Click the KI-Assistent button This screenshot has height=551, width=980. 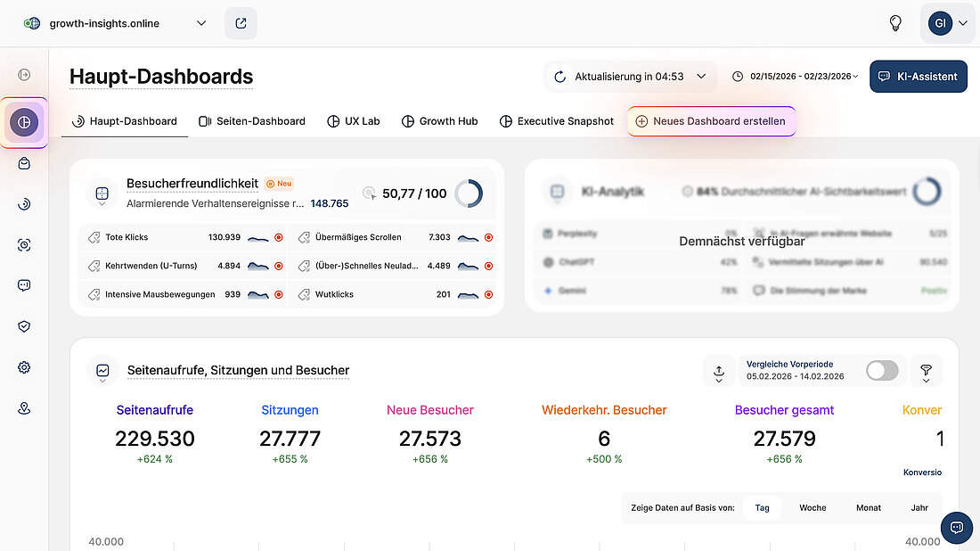click(919, 77)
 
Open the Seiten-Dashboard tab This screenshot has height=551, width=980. click(252, 121)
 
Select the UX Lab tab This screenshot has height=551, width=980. click(354, 121)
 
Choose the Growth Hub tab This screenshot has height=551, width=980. click(439, 121)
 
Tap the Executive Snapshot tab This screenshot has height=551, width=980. click(557, 121)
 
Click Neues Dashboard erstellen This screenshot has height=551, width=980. click(711, 121)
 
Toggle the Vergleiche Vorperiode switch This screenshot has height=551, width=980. click(882, 370)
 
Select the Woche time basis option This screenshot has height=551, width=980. click(813, 508)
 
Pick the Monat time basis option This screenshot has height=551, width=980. click(869, 508)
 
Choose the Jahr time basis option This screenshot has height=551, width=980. click(919, 508)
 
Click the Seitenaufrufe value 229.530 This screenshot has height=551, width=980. click(155, 439)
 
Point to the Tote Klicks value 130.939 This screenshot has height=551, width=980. click(225, 238)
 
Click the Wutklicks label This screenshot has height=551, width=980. click(334, 294)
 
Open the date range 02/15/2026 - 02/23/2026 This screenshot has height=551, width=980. click(800, 77)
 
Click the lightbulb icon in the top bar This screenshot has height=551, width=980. click(895, 23)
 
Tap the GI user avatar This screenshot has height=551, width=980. click(940, 23)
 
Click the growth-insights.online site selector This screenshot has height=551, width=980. click(116, 23)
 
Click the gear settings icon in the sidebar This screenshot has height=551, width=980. click(24, 367)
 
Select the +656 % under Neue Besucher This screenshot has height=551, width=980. click(430, 459)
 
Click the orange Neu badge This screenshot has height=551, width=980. click(279, 184)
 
